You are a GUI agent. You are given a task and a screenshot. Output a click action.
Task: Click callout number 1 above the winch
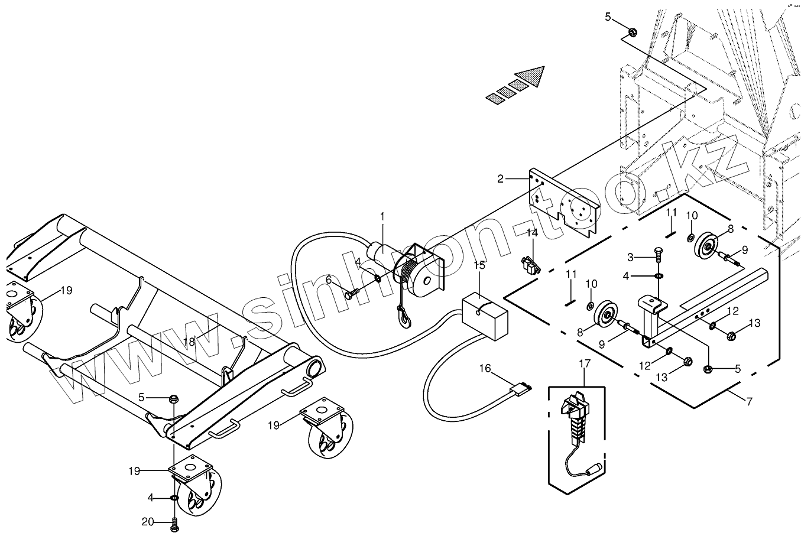coord(382,217)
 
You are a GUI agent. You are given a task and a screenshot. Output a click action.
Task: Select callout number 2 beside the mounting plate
coord(500,178)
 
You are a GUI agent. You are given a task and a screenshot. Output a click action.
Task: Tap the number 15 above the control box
coord(479,264)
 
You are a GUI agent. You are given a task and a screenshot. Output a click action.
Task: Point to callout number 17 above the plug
coord(584,364)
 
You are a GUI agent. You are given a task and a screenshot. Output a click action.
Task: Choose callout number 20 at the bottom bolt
coord(147,521)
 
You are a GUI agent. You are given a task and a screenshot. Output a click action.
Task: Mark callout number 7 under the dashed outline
coord(750,402)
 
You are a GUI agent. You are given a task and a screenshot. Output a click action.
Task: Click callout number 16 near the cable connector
coord(485,369)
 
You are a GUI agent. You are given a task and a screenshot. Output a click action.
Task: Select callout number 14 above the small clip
coord(532,233)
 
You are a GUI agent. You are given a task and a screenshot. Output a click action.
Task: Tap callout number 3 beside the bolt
coord(630,256)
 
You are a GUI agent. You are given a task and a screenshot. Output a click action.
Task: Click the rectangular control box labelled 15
coord(484,317)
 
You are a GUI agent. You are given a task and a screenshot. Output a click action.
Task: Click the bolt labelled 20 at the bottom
coord(174,522)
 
